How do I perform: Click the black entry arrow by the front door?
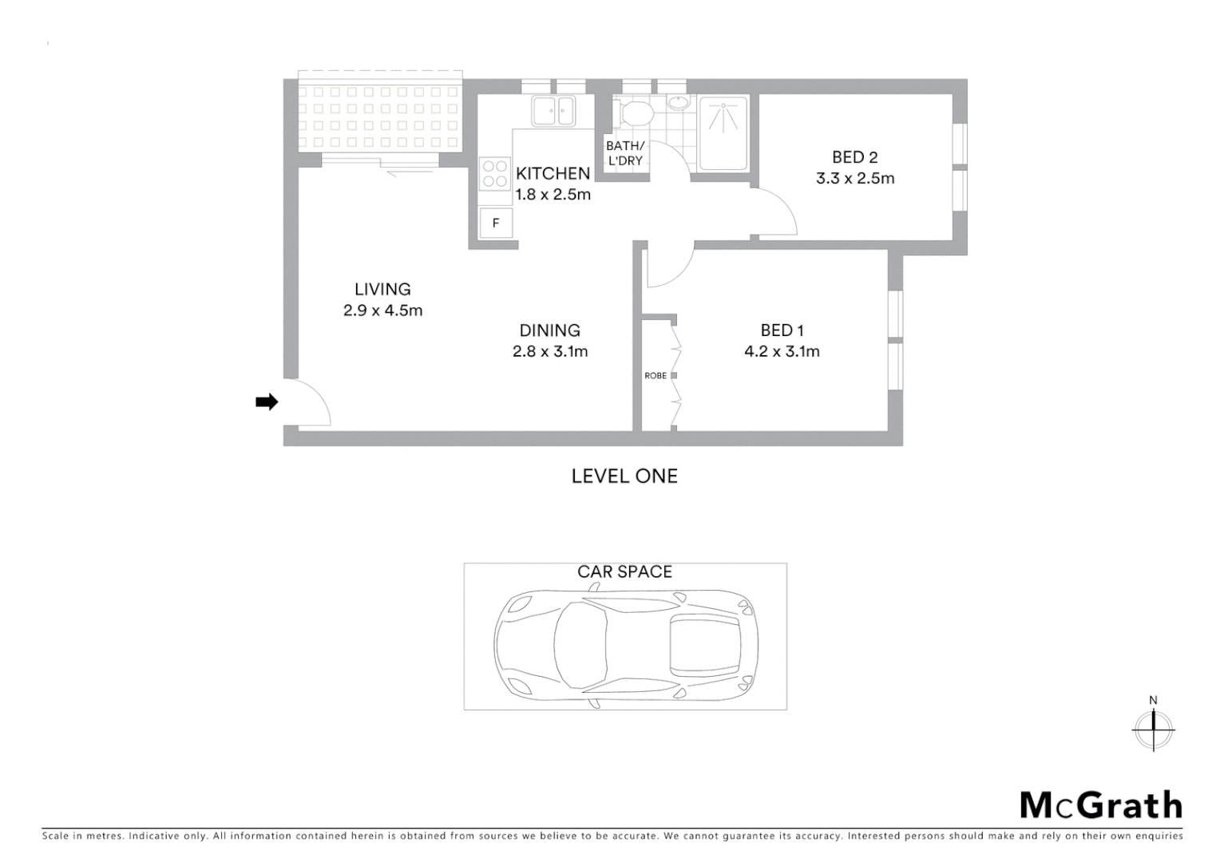point(267,402)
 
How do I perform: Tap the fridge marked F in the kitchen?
point(496,223)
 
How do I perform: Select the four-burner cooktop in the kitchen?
point(495,174)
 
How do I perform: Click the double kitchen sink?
point(554,110)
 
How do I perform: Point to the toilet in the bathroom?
point(636,113)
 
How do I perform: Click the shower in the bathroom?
point(723,132)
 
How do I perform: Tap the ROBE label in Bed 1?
point(656,376)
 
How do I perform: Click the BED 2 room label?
point(854,157)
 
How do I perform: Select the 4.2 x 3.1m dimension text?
point(782,351)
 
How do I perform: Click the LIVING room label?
point(382,290)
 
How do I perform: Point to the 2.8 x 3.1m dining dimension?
point(550,351)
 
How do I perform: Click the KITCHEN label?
point(553,173)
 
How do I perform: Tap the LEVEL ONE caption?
point(624,476)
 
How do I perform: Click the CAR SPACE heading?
point(624,571)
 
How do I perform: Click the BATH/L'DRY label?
point(624,153)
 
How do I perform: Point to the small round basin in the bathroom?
point(678,102)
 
